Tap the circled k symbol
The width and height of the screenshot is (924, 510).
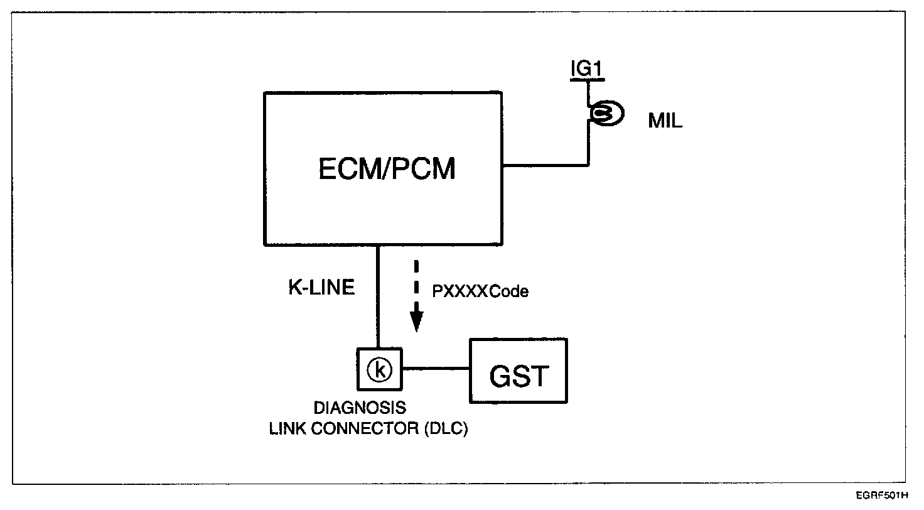pyautogui.click(x=379, y=369)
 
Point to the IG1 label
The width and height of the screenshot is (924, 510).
pyautogui.click(x=586, y=69)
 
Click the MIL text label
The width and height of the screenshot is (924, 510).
pyautogui.click(x=665, y=122)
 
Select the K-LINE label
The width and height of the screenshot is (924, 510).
pyautogui.click(x=321, y=288)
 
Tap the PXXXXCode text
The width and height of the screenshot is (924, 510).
pyautogui.click(x=480, y=291)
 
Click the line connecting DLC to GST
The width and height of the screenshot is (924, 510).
pyautogui.click(x=436, y=369)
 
